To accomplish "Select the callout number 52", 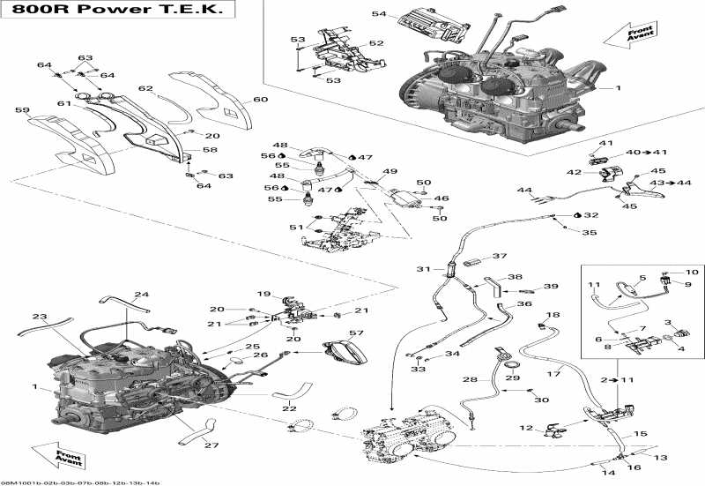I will click(376, 42).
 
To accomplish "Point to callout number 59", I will click(22, 110).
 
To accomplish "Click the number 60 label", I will click(260, 99).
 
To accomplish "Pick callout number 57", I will click(355, 333).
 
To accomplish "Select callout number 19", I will click(263, 294).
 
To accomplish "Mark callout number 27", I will click(211, 445).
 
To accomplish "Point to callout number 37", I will click(500, 257).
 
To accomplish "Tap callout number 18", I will click(553, 315).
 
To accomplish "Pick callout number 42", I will click(574, 171).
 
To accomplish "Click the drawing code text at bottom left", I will click(42, 482).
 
